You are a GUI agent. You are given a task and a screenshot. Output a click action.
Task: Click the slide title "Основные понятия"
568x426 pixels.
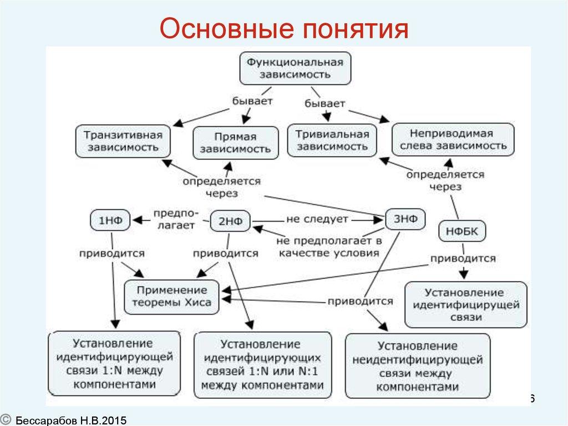click(283, 29)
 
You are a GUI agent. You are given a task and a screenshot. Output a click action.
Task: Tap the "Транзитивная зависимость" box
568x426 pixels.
click(122, 142)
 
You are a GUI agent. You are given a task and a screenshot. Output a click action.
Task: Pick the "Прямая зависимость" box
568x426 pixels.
click(235, 143)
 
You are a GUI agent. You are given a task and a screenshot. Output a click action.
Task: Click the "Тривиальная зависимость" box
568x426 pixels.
click(332, 141)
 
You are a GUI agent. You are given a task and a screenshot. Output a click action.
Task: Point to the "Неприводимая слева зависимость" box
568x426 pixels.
click(453, 140)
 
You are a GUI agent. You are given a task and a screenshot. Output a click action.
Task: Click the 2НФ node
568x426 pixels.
click(230, 221)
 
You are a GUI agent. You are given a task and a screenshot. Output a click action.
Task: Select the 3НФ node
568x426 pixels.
click(405, 218)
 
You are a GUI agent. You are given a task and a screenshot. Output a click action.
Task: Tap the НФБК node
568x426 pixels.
click(462, 231)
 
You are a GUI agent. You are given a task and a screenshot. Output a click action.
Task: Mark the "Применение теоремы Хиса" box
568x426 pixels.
click(171, 297)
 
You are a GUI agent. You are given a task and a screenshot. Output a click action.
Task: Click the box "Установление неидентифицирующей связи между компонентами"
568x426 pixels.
click(417, 366)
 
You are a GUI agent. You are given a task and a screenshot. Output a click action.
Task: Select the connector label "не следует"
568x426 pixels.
click(317, 219)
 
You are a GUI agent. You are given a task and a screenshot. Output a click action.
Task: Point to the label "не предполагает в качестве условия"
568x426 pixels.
click(329, 247)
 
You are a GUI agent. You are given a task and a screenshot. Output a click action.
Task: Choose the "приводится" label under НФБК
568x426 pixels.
click(463, 258)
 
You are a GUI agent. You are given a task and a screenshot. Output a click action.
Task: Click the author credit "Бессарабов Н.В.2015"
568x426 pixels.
click(71, 420)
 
